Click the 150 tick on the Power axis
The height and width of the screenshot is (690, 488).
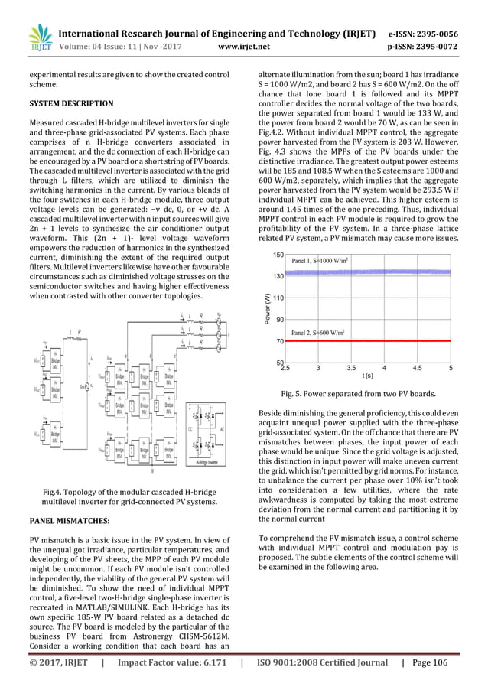278,254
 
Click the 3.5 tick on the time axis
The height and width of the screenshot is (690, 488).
351,368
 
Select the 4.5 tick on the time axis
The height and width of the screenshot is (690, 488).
417,368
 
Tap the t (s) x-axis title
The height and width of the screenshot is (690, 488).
367,376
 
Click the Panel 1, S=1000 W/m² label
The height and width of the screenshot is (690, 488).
320,262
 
